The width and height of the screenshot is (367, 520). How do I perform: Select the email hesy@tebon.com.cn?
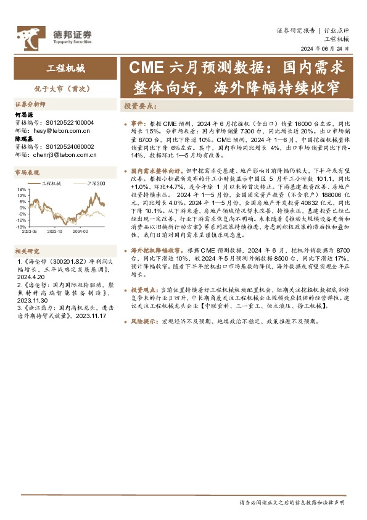point(57,130)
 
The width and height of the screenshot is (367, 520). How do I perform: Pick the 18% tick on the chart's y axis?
point(21,189)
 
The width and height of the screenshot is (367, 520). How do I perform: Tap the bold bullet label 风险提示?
point(143,322)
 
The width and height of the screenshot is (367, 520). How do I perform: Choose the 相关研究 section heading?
point(27,252)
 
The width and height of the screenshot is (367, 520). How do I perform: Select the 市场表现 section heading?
point(27,172)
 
